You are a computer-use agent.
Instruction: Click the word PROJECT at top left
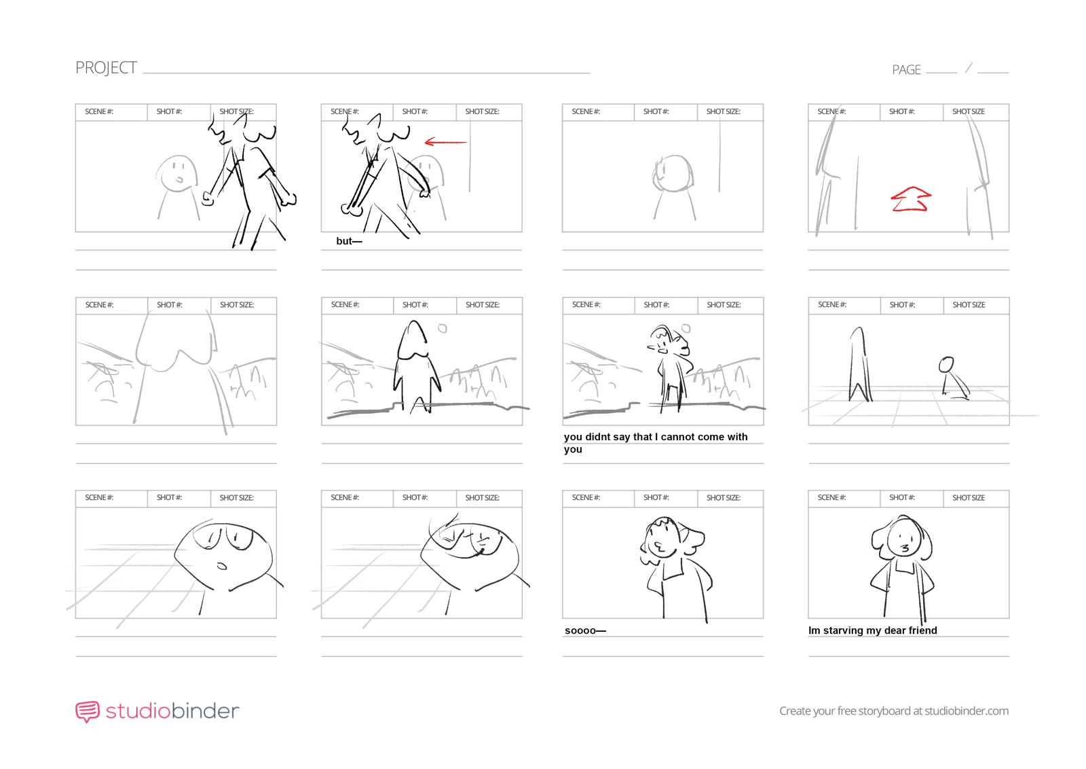(106, 68)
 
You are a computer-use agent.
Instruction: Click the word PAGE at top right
(906, 70)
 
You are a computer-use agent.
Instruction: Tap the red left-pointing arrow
(445, 142)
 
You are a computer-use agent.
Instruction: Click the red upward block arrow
(910, 199)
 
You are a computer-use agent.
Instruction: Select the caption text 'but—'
(349, 241)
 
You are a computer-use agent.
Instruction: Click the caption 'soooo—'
(585, 630)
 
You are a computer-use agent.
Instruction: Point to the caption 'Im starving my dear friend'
(872, 630)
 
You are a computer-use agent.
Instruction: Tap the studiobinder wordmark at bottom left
(172, 711)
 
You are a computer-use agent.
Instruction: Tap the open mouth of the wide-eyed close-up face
(222, 565)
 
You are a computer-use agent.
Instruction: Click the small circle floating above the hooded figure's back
(443, 329)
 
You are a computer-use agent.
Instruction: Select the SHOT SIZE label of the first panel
(236, 111)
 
